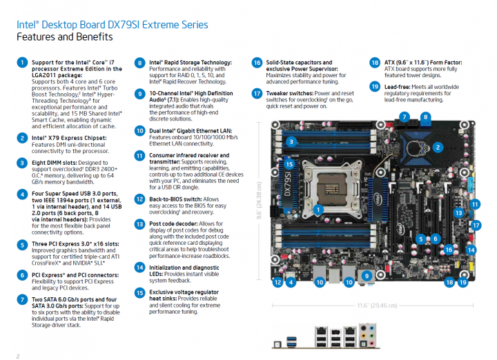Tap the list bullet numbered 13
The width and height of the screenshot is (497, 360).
tap(140, 223)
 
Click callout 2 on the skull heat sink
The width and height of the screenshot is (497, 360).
tap(437, 147)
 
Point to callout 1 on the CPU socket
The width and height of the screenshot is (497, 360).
tap(318, 208)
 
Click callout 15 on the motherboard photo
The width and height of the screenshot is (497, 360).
tap(289, 165)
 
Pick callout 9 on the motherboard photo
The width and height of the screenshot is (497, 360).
tap(367, 276)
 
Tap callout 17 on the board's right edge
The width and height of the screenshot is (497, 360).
tap(475, 226)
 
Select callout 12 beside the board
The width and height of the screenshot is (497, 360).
tap(277, 282)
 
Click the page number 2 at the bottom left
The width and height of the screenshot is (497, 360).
tap(18, 355)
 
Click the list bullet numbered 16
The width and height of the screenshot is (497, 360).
tap(257, 62)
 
